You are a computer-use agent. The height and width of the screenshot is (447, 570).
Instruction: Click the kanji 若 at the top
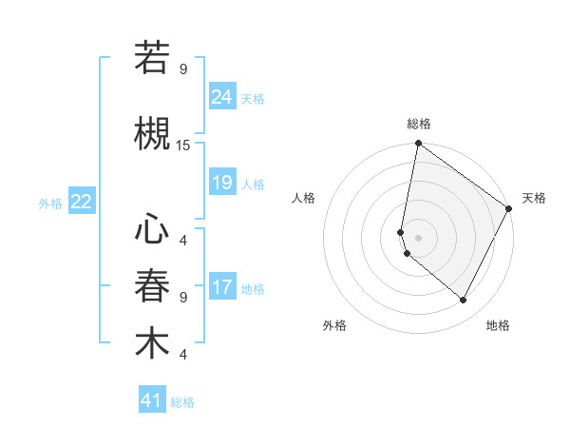pos(152,58)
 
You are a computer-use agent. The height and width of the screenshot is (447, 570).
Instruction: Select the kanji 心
pos(152,229)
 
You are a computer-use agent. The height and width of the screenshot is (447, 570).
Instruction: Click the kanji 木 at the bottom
pos(152,343)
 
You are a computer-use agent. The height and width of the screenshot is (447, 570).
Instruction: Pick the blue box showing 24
pos(221,96)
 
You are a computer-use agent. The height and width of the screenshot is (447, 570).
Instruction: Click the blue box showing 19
pos(221,183)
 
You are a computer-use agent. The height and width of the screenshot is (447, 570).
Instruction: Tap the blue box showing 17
pos(221,287)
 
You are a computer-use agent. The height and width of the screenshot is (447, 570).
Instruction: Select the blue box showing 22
pos(82,202)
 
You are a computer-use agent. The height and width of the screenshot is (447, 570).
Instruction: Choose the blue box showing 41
pos(152,400)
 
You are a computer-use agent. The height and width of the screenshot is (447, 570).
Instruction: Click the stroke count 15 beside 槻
pos(183,145)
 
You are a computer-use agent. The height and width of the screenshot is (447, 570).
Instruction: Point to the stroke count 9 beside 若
pos(183,68)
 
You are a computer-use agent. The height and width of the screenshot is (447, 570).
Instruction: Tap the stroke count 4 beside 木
pos(183,354)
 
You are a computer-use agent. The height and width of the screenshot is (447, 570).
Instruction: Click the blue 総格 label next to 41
pos(182,402)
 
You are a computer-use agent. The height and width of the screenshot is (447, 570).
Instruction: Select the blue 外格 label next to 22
pos(50,203)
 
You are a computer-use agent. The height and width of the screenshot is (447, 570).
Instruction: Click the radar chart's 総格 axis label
pos(418,124)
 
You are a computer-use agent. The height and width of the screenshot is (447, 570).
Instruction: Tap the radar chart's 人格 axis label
pos(304,198)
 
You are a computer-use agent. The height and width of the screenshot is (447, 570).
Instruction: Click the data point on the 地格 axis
pos(464,301)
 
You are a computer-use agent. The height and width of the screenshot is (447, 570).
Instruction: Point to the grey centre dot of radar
pos(418,237)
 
